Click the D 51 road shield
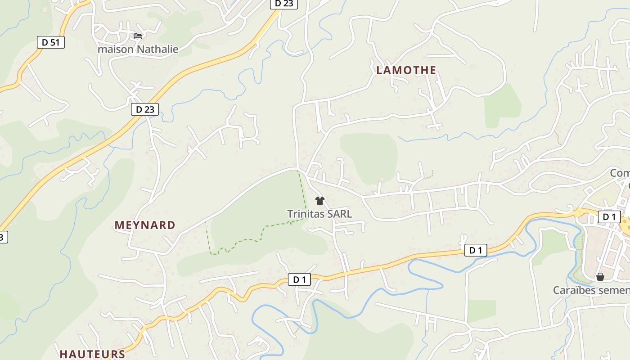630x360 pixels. (50, 42)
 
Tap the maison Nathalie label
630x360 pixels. (138, 49)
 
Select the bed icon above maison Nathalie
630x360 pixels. (138, 36)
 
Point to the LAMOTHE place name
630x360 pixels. (406, 70)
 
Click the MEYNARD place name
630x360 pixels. (145, 225)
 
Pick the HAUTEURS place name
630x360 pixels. (92, 354)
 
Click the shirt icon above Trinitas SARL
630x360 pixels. (320, 201)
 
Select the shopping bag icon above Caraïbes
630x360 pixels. (600, 277)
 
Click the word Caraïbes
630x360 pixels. (573, 290)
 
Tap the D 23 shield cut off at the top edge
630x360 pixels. (283, 4)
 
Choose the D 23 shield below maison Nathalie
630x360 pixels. (145, 109)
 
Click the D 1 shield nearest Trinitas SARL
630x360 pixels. (299, 279)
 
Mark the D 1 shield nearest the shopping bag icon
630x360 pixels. (609, 217)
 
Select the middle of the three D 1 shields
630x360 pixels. (476, 250)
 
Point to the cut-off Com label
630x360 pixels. (620, 173)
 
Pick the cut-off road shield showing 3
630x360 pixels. (3, 237)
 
